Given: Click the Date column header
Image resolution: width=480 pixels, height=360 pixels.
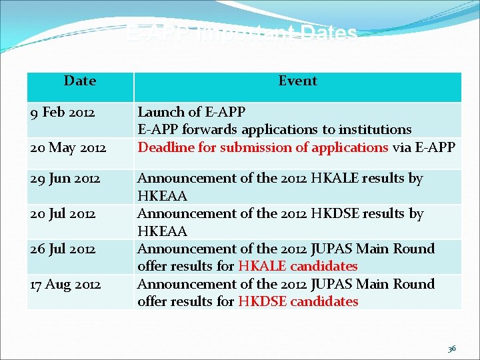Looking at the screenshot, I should point(80,81).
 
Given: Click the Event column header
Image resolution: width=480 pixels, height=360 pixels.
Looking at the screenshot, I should point(297,81).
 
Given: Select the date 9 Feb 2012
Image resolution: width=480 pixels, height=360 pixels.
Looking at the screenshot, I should point(63,112).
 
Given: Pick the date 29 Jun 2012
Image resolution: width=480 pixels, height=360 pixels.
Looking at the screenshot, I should point(65,179).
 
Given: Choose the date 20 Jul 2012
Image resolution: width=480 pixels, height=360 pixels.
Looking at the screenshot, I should point(63,214).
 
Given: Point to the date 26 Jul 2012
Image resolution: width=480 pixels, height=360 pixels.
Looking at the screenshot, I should point(63,249).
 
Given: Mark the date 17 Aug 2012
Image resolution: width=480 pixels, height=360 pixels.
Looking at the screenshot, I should point(66,284).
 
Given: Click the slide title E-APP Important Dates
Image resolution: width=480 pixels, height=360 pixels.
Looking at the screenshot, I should point(242,33).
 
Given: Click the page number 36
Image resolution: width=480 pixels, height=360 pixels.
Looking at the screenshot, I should point(451,348).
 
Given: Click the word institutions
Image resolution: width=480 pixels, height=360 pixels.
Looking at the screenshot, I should point(377,129).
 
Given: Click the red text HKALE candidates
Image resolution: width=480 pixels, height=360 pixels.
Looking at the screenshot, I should point(297,266).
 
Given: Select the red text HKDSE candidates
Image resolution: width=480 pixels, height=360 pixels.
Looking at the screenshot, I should point(297,301).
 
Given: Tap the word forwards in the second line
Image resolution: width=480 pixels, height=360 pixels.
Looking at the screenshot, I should point(207,129).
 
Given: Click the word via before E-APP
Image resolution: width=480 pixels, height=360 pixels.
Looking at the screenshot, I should point(401,147).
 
